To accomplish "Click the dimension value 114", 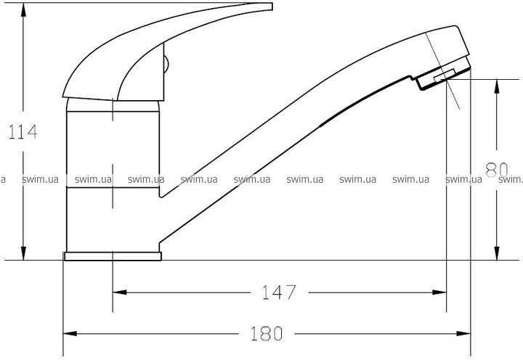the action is [23, 132].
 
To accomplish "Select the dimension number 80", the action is [496, 170].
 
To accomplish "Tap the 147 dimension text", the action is [279, 292].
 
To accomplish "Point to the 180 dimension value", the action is [267, 333].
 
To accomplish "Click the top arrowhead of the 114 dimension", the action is [23, 9].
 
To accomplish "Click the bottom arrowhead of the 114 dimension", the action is [23, 253].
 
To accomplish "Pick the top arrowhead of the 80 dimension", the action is [497, 86].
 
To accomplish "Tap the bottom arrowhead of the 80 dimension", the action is [497, 253].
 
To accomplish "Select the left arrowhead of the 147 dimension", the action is [120, 292].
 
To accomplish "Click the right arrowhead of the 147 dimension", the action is [439, 292].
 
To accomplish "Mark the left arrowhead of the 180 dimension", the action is [70, 333].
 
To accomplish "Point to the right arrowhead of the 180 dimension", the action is [463, 333].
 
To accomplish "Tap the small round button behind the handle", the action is [166, 64].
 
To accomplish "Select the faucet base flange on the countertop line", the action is [113, 256].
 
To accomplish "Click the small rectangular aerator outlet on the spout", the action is [445, 75].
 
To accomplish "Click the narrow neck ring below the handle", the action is [113, 105].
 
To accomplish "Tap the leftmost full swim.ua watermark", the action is [40, 180].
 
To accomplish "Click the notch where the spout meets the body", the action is [161, 195].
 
